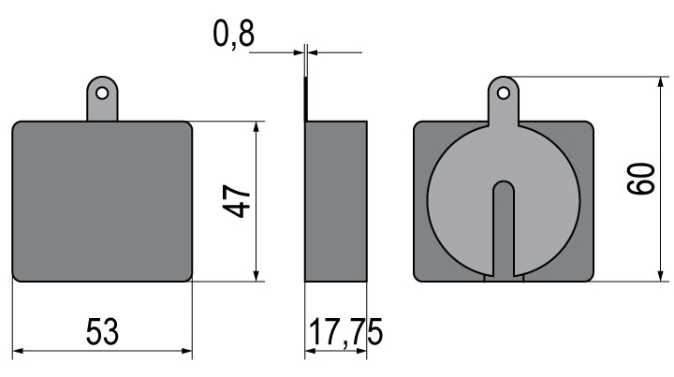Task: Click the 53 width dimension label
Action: coord(102,331)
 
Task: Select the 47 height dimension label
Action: coord(237,201)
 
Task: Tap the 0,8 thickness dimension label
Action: coord(234,34)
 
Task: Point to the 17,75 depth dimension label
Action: coord(345,331)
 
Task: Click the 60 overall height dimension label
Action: coord(640,179)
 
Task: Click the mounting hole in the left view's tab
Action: coord(102,93)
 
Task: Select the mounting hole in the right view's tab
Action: coord(504,93)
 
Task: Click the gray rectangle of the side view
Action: coord(336,201)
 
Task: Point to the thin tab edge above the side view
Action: coord(305,99)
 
